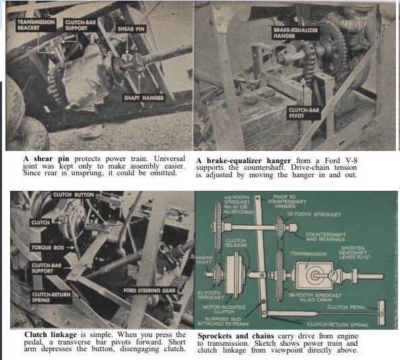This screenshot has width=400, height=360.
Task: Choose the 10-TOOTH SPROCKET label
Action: point(213,294)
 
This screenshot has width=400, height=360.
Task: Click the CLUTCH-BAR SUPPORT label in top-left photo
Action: point(79,26)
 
